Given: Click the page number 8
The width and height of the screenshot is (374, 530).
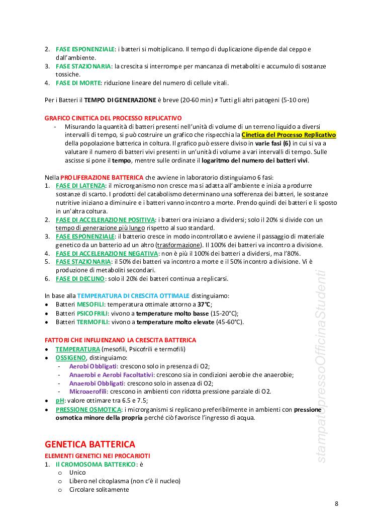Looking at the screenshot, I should point(337,504).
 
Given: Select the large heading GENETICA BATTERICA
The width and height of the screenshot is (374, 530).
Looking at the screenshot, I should point(90,444).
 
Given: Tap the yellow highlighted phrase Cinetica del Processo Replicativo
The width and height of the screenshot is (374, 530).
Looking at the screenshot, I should point(289,135).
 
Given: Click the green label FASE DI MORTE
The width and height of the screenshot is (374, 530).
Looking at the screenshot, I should point(78,83).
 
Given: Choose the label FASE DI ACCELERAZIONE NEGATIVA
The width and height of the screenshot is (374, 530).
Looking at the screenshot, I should point(106,253).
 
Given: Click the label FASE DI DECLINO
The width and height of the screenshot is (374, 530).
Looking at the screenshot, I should point(80,278).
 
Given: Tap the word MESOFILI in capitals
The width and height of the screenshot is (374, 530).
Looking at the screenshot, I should point(90,305).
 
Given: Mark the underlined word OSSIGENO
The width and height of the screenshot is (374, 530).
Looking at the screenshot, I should point(70,357).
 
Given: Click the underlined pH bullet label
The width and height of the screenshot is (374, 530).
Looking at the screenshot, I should point(59,400).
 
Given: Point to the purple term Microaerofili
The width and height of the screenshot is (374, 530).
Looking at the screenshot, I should point(86,391).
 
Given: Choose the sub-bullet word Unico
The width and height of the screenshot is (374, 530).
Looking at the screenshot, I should point(77,473).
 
